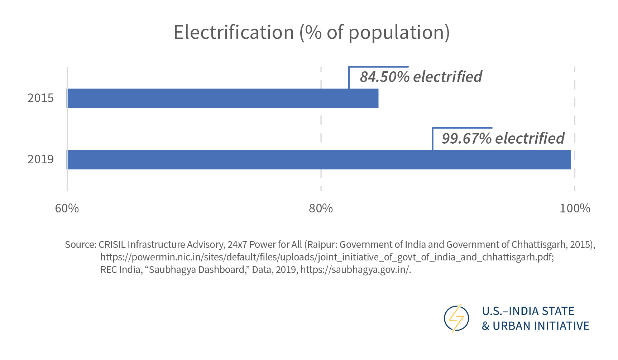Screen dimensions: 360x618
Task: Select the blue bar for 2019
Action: [319, 160]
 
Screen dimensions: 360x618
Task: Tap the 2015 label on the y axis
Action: [40, 98]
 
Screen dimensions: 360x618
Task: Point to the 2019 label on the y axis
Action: [40, 159]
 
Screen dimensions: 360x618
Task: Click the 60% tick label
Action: [67, 208]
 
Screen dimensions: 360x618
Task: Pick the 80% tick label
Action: [321, 208]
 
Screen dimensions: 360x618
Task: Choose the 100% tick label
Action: [575, 208]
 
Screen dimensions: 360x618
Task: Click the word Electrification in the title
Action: [234, 33]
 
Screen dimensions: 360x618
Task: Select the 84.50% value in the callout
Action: [384, 77]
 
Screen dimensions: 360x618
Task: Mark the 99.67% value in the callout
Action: [466, 139]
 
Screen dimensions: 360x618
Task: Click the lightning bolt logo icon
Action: [456, 318]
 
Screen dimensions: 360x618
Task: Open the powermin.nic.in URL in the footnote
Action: [327, 257]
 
